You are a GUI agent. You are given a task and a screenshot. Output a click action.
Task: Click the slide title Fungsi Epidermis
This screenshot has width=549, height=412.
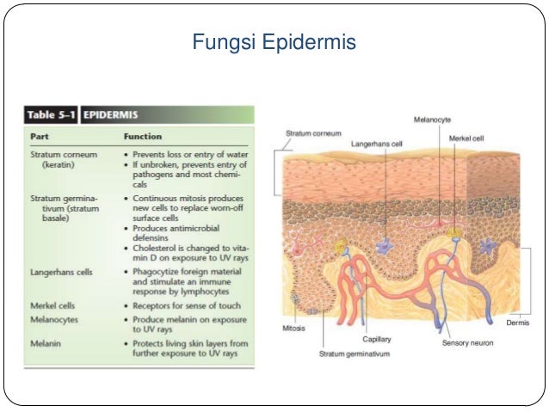[x=274, y=41]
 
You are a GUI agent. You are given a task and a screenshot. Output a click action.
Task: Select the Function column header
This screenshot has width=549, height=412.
[x=143, y=136]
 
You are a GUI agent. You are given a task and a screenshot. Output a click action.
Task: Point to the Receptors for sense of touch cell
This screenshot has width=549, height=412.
[x=184, y=304]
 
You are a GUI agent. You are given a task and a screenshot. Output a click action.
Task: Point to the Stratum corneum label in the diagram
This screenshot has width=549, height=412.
[x=313, y=133]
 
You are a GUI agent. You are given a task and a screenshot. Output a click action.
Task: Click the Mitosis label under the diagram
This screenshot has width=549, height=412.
[x=294, y=327]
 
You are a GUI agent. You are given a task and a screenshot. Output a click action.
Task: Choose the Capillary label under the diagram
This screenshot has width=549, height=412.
[x=377, y=339]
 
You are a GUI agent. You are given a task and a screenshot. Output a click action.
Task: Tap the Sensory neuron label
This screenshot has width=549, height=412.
[x=467, y=341]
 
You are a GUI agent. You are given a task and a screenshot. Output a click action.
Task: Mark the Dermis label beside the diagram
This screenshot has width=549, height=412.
[x=516, y=323]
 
